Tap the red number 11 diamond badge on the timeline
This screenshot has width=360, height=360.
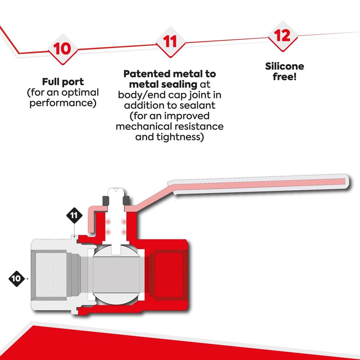coord(170,41)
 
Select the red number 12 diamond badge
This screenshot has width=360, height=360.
coord(282,35)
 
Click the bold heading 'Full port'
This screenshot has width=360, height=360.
coord(63,82)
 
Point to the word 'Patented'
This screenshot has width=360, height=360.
coord(147,74)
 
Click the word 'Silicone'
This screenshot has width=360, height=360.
coord(284,66)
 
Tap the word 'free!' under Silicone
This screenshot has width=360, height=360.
coord(284,77)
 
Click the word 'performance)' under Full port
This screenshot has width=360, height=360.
coord(63,103)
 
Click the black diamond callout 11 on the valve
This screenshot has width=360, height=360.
coord(74,215)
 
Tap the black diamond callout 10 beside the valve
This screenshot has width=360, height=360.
coord(16,278)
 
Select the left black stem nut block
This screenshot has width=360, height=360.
coord(106,201)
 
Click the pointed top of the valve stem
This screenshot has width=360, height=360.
coord(116,190)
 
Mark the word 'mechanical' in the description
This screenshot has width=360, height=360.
coord(143,126)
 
